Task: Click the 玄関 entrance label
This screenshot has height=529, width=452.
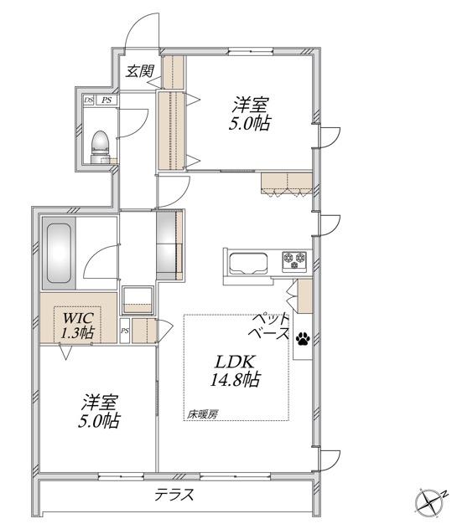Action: click(x=140, y=71)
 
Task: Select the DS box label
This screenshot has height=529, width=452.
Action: click(x=89, y=100)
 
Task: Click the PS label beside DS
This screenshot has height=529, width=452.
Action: click(x=107, y=100)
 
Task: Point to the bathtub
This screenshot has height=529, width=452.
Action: click(x=59, y=254)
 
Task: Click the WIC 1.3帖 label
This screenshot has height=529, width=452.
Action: click(x=77, y=326)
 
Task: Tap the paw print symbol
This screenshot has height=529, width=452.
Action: click(x=304, y=338)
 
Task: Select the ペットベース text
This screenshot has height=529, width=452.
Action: click(x=269, y=326)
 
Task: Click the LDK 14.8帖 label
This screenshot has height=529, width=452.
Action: click(x=236, y=371)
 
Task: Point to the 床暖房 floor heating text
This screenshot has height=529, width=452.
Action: click(x=203, y=414)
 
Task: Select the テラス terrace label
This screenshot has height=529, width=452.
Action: click(x=174, y=495)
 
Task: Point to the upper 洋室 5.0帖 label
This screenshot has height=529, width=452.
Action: click(x=250, y=114)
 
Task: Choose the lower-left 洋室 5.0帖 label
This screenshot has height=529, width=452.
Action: click(x=100, y=411)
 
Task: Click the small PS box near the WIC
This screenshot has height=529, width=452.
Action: click(x=125, y=331)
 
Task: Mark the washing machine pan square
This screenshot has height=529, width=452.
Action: click(x=138, y=300)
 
